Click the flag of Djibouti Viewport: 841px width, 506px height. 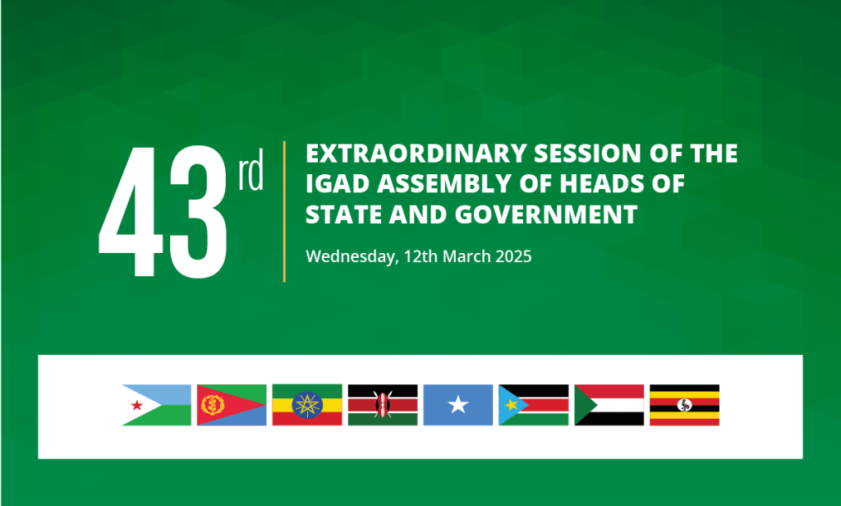pos(156,405)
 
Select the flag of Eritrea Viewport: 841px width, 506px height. pos(232,405)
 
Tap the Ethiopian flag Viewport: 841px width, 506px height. pos(307,405)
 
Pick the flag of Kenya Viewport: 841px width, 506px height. pos(383,405)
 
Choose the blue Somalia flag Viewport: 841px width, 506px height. pos(458,405)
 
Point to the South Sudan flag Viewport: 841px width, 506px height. pos(534,405)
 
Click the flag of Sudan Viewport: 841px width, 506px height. pos(609,405)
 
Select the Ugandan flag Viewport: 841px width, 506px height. pos(685,405)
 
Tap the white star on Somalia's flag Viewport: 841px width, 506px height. pos(458,405)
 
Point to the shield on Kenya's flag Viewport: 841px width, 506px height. pos(383,405)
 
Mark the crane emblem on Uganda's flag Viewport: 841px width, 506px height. pos(685,405)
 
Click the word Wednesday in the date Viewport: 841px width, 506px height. pos(351,256)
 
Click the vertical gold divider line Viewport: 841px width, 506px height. pos(284,212)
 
